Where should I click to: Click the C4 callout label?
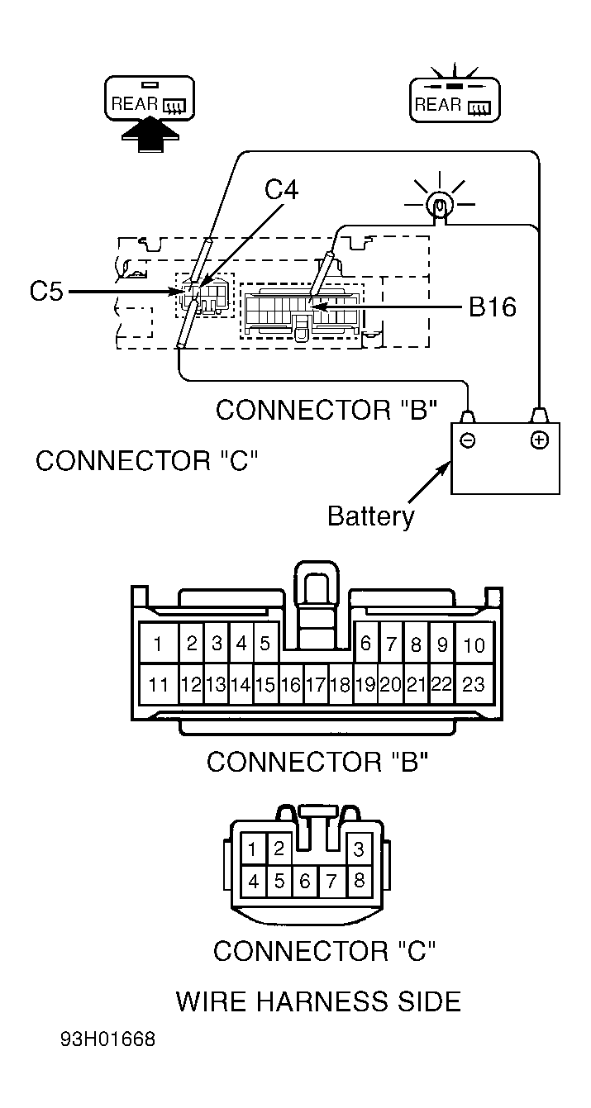[281, 189]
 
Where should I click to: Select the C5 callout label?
[46, 292]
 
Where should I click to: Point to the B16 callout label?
[492, 307]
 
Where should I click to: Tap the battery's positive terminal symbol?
[539, 440]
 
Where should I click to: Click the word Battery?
[371, 516]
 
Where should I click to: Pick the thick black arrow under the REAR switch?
[150, 137]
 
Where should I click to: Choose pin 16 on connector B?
[291, 685]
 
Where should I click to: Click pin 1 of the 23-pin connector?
[159, 644]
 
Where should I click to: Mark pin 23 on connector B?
[474, 684]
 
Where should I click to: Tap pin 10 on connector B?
[474, 644]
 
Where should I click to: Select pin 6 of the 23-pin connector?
[366, 644]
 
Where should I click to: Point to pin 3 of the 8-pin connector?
[359, 849]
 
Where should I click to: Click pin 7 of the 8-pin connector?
[331, 881]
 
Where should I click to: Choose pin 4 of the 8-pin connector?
[254, 881]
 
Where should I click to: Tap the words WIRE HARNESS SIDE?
[318, 1001]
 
